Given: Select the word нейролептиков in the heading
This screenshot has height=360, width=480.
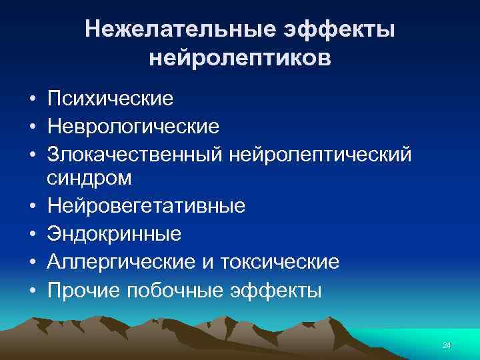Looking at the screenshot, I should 240,58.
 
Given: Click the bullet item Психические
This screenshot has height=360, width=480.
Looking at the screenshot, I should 110,99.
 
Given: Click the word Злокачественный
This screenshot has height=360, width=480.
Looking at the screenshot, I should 135,153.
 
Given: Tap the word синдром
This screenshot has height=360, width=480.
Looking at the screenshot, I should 89,178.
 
